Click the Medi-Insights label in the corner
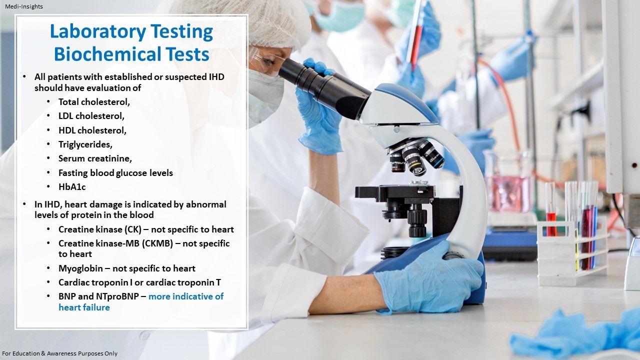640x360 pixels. (x=23, y=6)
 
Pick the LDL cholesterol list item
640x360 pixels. (x=91, y=116)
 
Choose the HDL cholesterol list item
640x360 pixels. (x=92, y=130)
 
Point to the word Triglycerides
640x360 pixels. (x=85, y=144)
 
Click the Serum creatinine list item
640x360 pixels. (x=95, y=158)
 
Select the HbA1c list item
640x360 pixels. (x=72, y=187)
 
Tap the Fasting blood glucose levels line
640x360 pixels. (x=115, y=173)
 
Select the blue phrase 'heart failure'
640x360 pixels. (x=84, y=307)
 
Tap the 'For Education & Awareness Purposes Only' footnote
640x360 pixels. (x=60, y=353)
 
